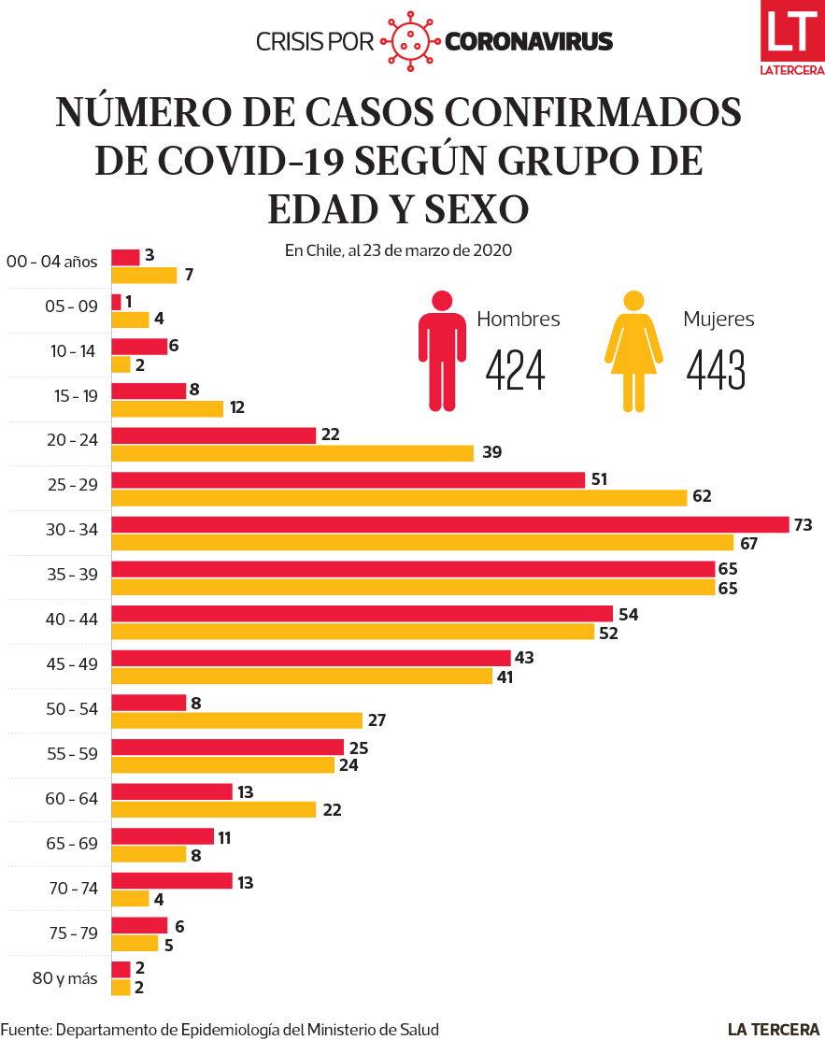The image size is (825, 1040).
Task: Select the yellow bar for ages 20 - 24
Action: (x=292, y=453)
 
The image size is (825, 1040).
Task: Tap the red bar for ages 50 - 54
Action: (x=149, y=703)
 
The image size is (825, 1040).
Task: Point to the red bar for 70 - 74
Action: (x=172, y=881)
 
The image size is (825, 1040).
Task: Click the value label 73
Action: (x=803, y=525)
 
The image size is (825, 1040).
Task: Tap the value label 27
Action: (x=376, y=720)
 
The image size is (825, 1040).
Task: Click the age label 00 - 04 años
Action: (x=51, y=262)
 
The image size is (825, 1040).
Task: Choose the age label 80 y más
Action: (x=64, y=978)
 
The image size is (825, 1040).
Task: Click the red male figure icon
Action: (x=442, y=351)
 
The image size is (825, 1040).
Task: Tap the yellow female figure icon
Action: (x=633, y=351)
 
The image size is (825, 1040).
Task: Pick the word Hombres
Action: (x=519, y=319)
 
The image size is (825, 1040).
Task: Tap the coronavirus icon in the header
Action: (x=410, y=41)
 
